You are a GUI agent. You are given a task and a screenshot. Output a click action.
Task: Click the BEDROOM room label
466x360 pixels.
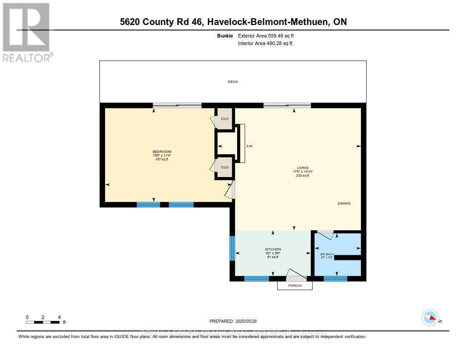coord(162,152)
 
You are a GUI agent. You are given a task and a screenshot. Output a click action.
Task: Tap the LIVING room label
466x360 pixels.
coord(303,168)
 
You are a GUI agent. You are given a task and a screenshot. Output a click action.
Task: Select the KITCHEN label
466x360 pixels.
coord(273,249)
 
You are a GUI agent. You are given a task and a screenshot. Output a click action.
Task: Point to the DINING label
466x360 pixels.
coord(344,203)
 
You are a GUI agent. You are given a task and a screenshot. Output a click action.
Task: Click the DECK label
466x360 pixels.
coord(233,82)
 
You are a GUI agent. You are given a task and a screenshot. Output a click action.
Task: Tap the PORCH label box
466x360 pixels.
coord(295,285)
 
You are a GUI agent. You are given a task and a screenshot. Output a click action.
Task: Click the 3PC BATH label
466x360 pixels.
coord(327,254)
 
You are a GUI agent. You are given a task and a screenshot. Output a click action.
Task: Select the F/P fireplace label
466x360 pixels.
coord(249,147)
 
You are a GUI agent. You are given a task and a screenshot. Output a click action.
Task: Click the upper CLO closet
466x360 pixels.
coord(224,119)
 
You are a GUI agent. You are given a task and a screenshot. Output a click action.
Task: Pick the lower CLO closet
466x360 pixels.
coord(224,167)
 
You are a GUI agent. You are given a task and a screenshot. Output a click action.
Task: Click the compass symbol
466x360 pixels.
coord(430,317)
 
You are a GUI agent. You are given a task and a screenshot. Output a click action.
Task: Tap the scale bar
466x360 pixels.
coord(43,322)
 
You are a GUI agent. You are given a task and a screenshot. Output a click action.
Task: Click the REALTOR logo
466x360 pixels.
coord(27,32)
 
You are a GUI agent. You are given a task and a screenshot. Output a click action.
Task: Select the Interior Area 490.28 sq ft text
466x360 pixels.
coord(265,44)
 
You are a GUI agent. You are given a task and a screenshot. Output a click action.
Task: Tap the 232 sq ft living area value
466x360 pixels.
coord(303,175)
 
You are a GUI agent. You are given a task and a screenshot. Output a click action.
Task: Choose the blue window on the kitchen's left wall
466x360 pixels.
coord(232,248)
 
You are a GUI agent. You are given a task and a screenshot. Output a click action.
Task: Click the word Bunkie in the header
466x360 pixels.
coord(225,35)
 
